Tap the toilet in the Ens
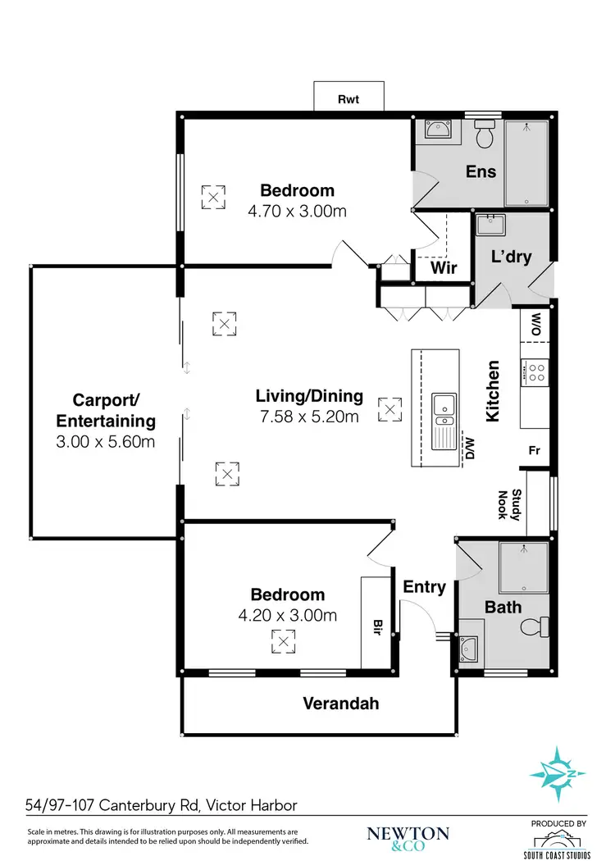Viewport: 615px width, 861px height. pyautogui.click(x=484, y=135)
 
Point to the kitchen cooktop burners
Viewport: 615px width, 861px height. pyautogui.click(x=536, y=373)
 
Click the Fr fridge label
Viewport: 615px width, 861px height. pyautogui.click(x=533, y=450)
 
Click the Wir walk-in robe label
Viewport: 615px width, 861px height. pyautogui.click(x=443, y=268)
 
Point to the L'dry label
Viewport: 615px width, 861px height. pyautogui.click(x=511, y=257)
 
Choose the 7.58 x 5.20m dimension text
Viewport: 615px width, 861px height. pyautogui.click(x=309, y=417)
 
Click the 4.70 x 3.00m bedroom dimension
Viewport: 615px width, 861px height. pyautogui.click(x=297, y=211)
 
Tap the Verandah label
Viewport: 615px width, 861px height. pyautogui.click(x=340, y=703)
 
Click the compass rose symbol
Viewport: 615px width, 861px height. pyautogui.click(x=557, y=772)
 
